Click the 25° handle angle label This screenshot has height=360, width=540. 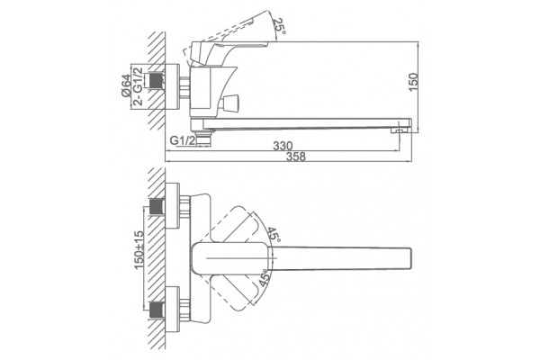coord(279,26)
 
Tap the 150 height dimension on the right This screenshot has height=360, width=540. coord(413,82)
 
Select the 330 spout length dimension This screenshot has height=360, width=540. coord(283,146)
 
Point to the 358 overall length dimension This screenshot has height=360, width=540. coord(296,157)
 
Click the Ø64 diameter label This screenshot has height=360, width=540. coord(126,85)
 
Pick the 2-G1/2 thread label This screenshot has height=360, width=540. coord(138,86)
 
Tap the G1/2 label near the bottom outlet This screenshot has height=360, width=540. coord(183,140)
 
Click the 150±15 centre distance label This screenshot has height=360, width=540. coord(139,250)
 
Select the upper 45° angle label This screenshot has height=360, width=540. coord(274,234)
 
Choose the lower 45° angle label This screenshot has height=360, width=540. coord(265,278)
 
